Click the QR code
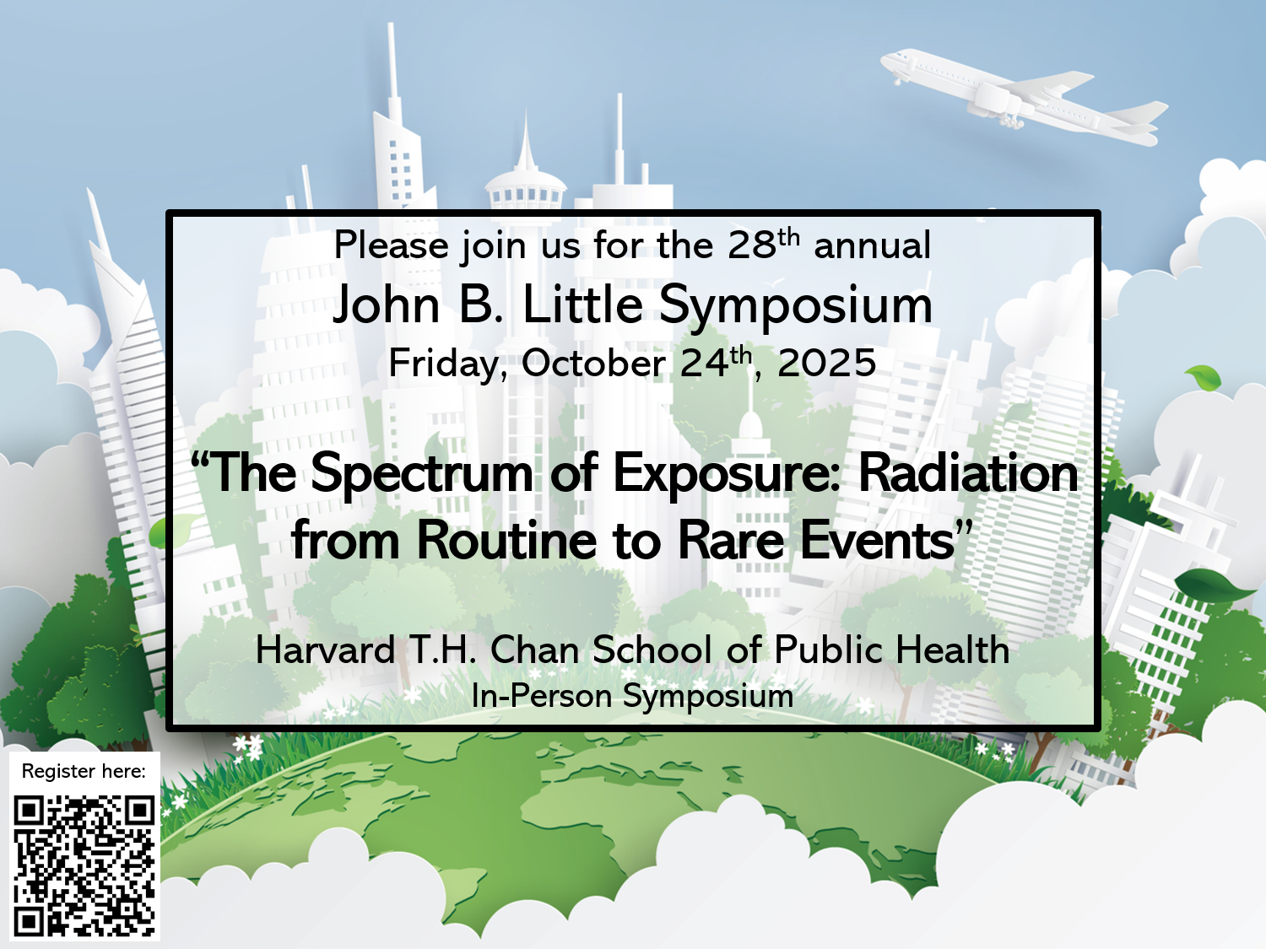pos(84,865)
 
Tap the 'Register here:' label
pos(84,771)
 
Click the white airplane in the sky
pos(1025,96)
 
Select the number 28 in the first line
pos(751,245)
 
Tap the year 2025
pos(826,363)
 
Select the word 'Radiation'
pos(968,472)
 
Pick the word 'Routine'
pos(506,540)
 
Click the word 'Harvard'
pos(325,650)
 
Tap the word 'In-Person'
pos(542,696)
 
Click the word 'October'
pos(593,363)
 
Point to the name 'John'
pos(386,306)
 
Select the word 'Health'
pos(952,650)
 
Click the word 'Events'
pos(877,540)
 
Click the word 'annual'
pos(872,245)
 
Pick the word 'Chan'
pos(534,650)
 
